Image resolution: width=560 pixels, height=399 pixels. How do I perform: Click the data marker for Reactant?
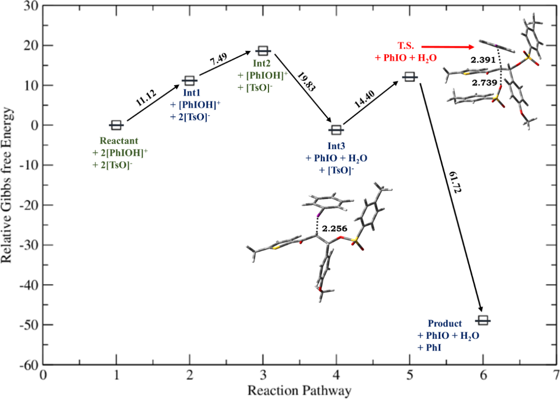116,125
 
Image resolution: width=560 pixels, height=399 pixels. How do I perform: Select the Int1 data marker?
189,81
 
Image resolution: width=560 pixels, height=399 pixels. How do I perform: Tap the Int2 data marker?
263,51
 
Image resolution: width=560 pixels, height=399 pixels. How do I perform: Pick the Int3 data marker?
336,130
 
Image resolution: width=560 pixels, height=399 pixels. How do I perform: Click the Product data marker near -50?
483,320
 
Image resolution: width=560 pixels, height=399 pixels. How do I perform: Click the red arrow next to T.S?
448,48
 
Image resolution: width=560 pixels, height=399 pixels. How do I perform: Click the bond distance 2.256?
333,228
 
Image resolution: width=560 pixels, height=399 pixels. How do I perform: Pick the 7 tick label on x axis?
556,375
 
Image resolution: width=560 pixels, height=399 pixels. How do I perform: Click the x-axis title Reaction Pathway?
299,390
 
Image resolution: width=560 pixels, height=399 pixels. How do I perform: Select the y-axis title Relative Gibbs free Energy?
9,186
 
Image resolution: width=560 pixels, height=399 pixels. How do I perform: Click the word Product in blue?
445,324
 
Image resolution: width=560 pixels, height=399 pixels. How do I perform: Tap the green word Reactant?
115,140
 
